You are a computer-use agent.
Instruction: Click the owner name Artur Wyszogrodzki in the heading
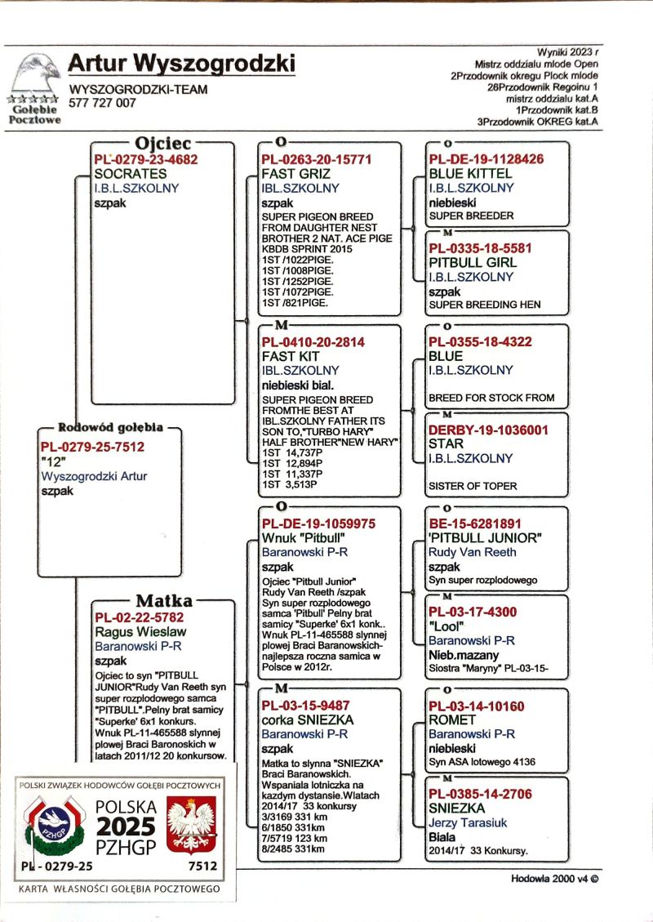click(x=181, y=63)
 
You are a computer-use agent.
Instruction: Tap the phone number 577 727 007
click(x=103, y=104)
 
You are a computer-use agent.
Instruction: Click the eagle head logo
click(x=38, y=73)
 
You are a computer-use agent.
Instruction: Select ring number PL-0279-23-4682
click(x=146, y=160)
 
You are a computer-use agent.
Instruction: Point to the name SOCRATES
click(x=131, y=174)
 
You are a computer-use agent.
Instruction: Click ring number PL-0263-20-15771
click(x=317, y=160)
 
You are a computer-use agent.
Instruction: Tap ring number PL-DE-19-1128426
click(x=486, y=159)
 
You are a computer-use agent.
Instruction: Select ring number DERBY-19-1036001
click(x=488, y=430)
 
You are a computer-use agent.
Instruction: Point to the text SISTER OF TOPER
click(x=473, y=486)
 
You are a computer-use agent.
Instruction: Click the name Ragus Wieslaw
click(x=140, y=631)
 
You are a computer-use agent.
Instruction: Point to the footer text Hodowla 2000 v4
click(x=553, y=880)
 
